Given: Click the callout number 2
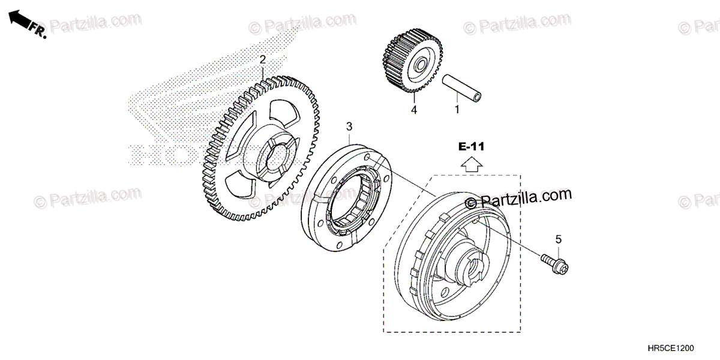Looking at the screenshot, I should (262, 59).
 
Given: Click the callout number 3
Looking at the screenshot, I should (349, 126).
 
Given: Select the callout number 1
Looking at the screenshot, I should (456, 110).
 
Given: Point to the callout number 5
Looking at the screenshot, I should (558, 239).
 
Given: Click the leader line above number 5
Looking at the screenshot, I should (558, 250).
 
